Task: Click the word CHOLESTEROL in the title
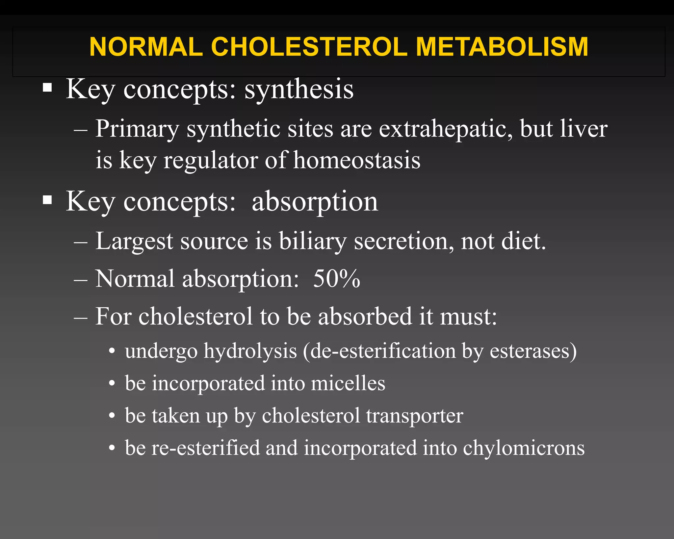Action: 309,47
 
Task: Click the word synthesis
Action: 299,90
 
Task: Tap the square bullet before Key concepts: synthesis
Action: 47,88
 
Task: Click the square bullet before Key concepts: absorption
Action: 47,200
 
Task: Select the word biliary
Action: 313,241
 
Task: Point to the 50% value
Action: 336,279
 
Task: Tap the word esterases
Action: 532,351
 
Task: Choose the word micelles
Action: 348,383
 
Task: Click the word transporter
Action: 414,416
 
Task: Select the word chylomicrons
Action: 524,449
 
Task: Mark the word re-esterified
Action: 205,448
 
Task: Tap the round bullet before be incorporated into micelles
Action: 112,384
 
